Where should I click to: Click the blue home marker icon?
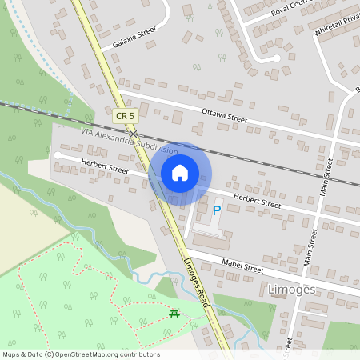point(180,172)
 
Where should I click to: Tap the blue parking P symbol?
point(217,211)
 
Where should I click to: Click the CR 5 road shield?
point(123,117)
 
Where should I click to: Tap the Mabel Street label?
point(242,266)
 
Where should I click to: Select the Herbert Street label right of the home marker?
point(257,201)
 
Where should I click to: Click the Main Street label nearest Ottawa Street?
point(326,177)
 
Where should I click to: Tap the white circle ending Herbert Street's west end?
point(57,154)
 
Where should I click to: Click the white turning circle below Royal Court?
point(276,58)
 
